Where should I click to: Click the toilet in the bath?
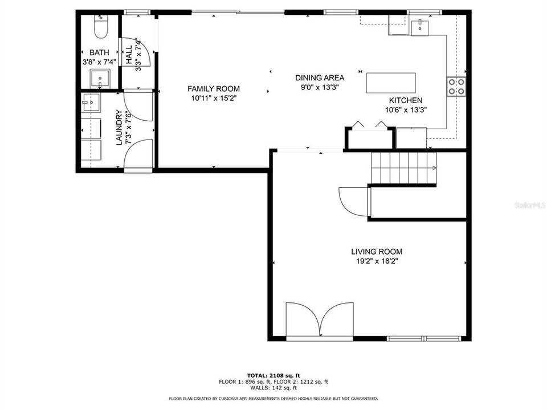(99, 27)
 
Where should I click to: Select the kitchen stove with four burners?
(456, 86)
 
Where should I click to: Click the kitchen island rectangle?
(391, 83)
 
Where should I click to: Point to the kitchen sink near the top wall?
(422, 26)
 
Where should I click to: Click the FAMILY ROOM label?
(214, 89)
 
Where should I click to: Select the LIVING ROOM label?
(376, 251)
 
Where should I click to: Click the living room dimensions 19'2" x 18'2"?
(376, 262)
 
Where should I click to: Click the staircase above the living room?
(403, 168)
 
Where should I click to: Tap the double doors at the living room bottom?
(321, 321)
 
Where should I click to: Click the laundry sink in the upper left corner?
(91, 103)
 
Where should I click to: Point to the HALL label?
(129, 54)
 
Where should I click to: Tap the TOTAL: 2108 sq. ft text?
(273, 375)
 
